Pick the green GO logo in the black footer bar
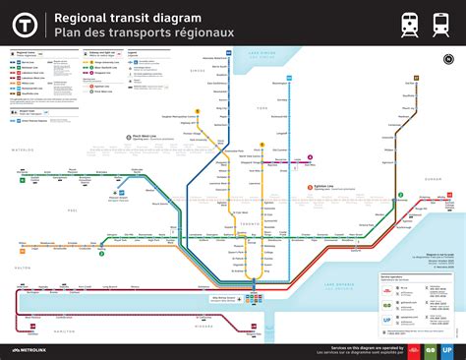coord(428,349)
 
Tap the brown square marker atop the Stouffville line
coord(417,77)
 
